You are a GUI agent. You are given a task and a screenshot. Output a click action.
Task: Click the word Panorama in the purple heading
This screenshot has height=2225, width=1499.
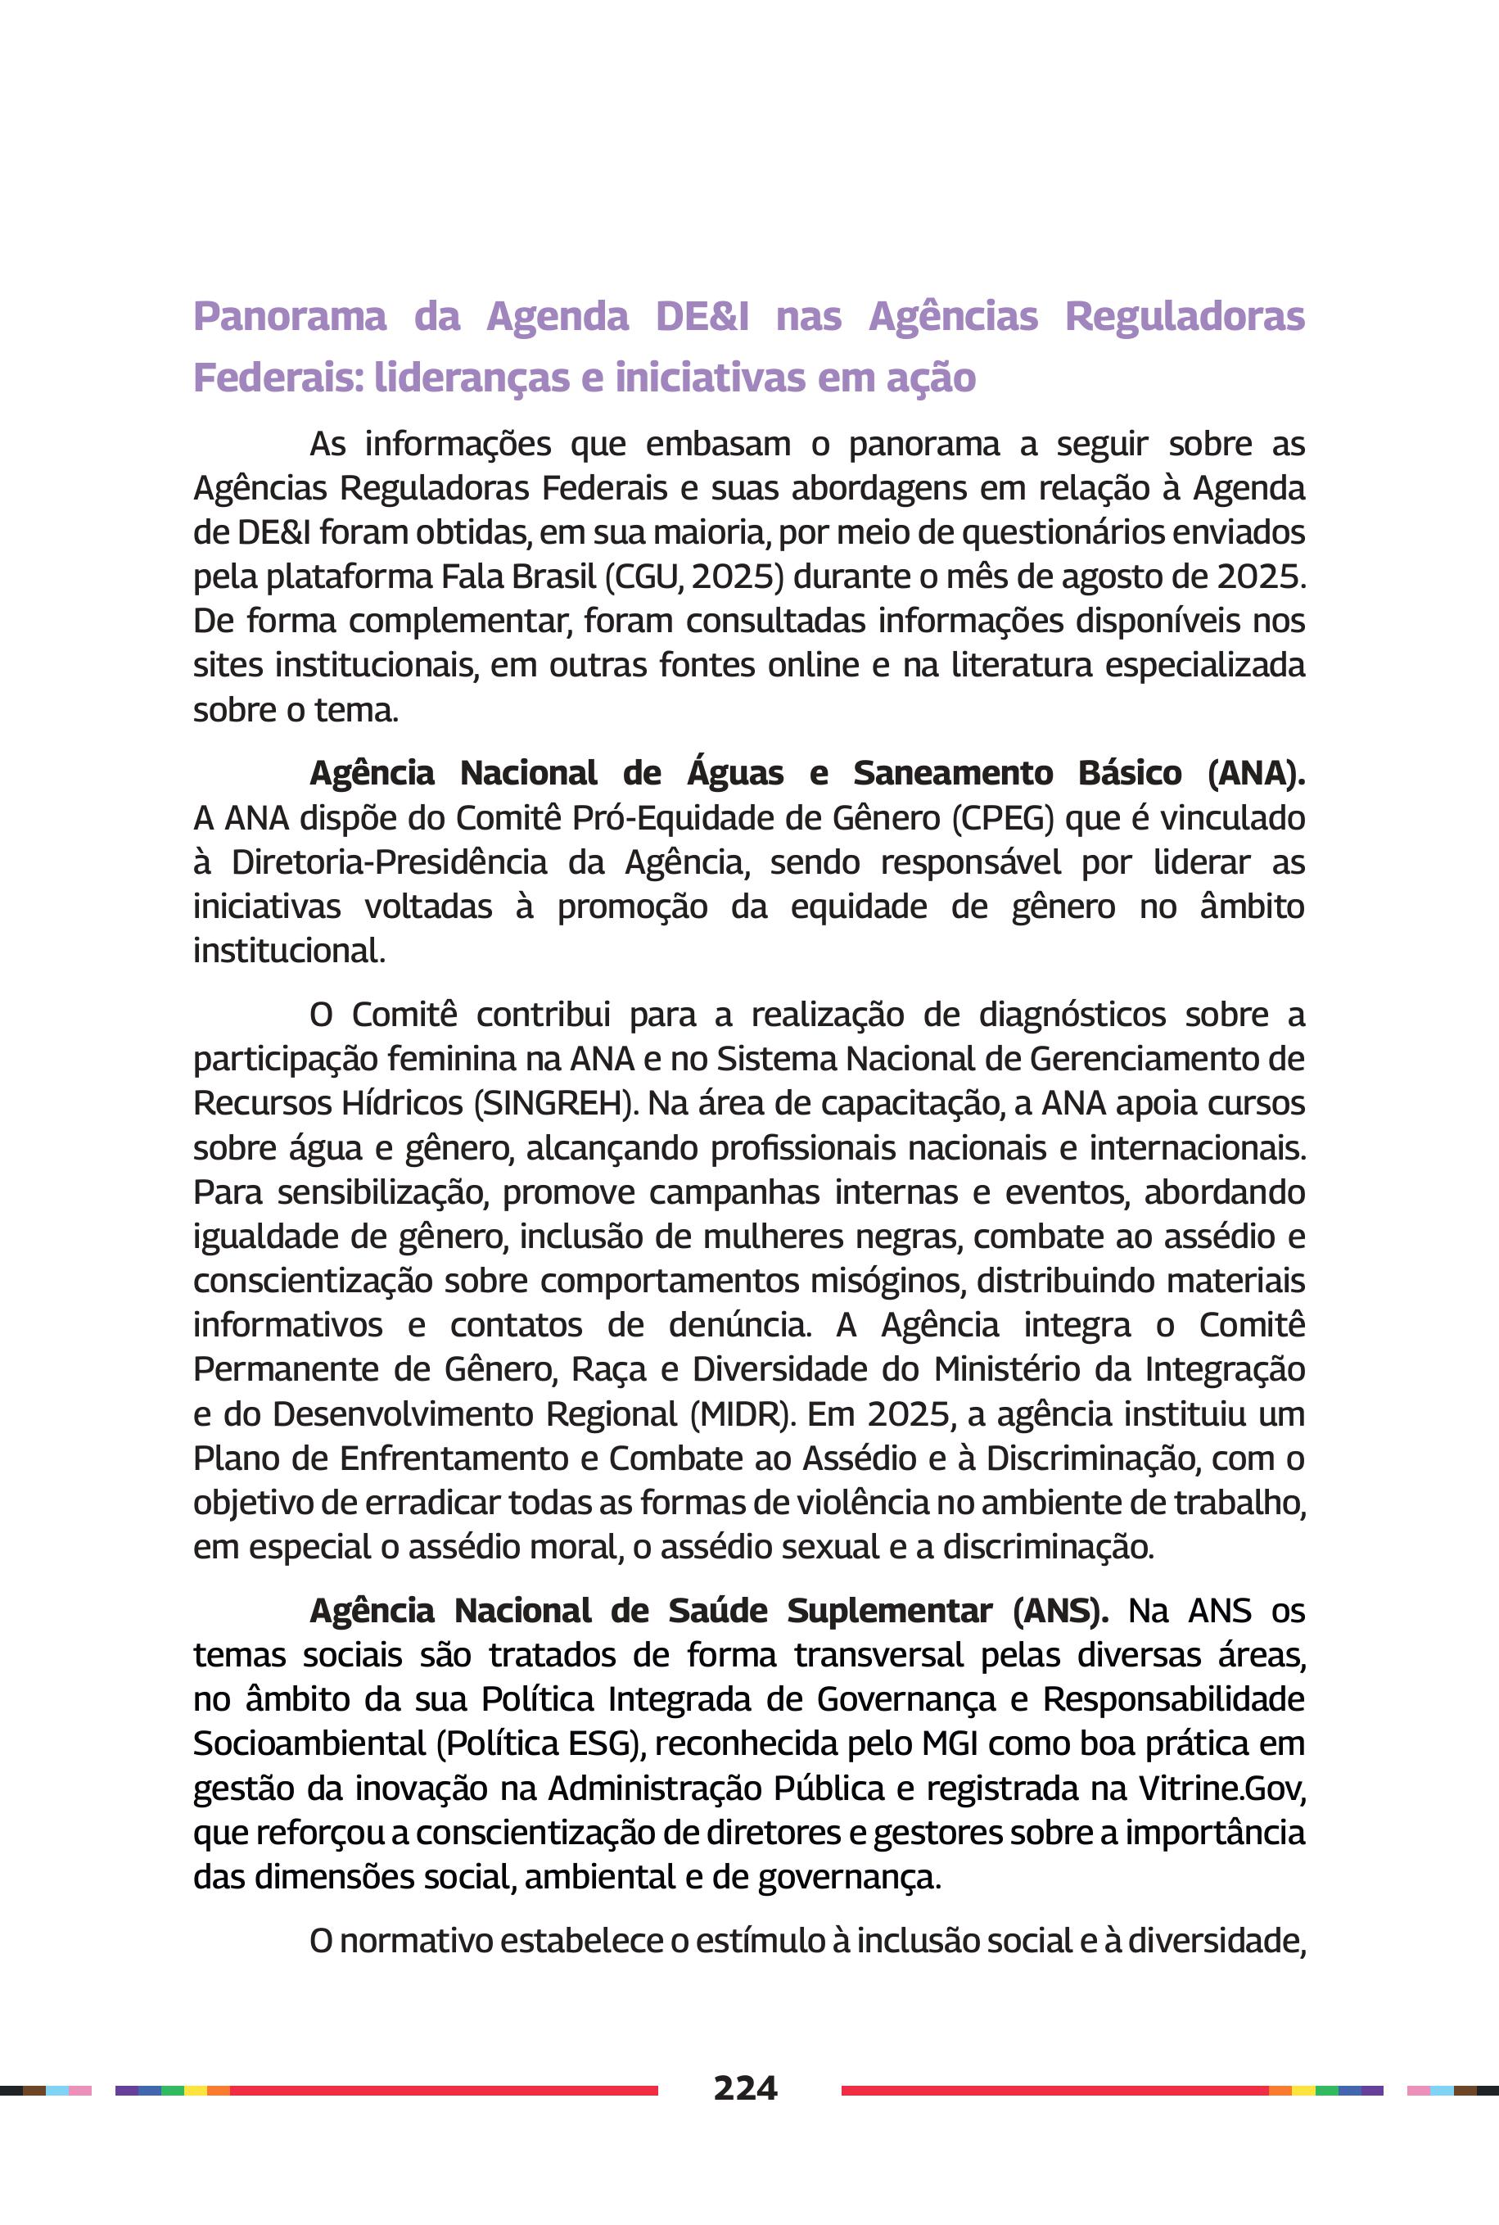(x=290, y=316)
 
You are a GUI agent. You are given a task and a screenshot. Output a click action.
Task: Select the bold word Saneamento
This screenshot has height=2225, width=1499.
(x=952, y=772)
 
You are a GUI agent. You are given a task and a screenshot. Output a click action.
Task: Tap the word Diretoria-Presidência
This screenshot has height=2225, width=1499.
(x=389, y=862)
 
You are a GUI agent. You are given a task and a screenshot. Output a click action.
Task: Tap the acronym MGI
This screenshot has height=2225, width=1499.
(x=950, y=1743)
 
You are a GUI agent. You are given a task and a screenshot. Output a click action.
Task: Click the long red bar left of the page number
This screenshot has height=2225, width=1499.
(x=444, y=2090)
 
